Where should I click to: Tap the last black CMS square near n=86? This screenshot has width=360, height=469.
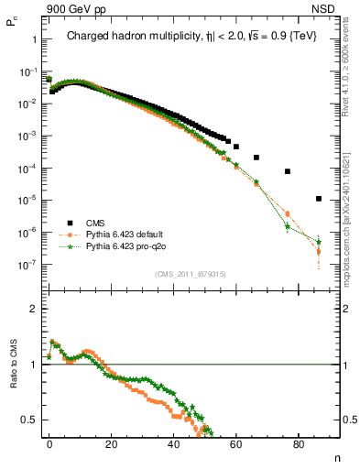[x=319, y=199]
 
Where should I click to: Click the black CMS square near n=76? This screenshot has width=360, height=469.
[x=288, y=171]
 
